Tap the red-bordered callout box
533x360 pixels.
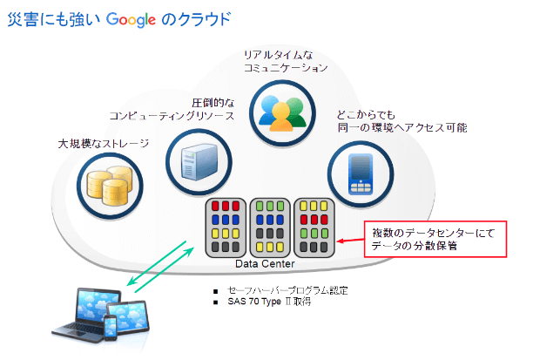(433, 239)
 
